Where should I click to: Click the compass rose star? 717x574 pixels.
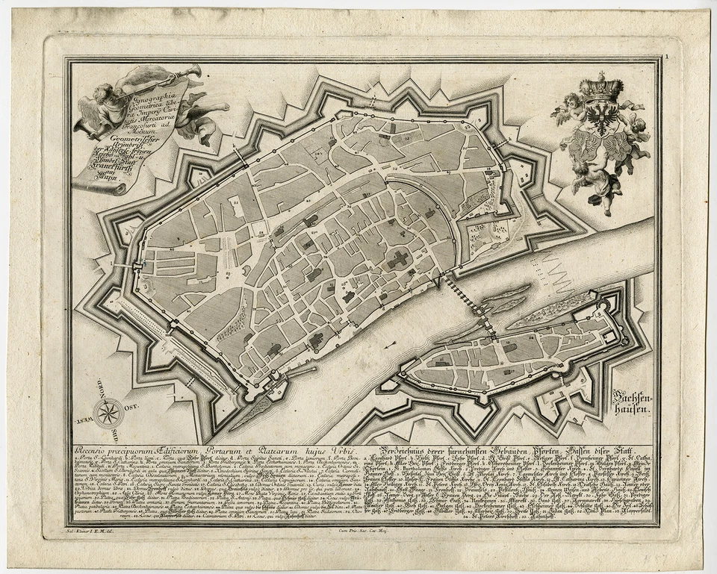click(109, 411)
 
